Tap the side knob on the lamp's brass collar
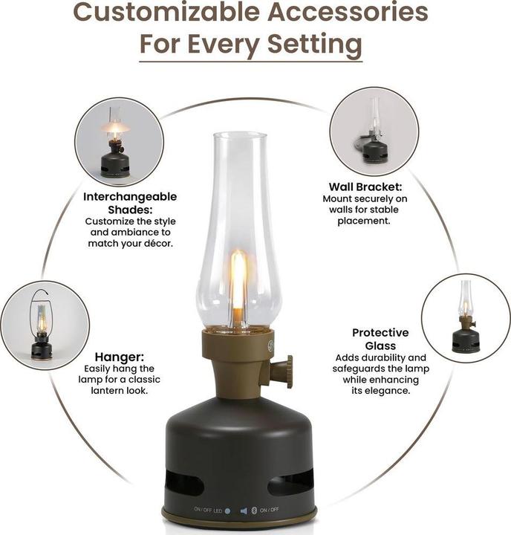(283, 370)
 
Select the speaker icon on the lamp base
(242, 511)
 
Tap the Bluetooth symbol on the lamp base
(253, 511)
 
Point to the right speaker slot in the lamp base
(290, 484)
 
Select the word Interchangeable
(130, 197)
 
